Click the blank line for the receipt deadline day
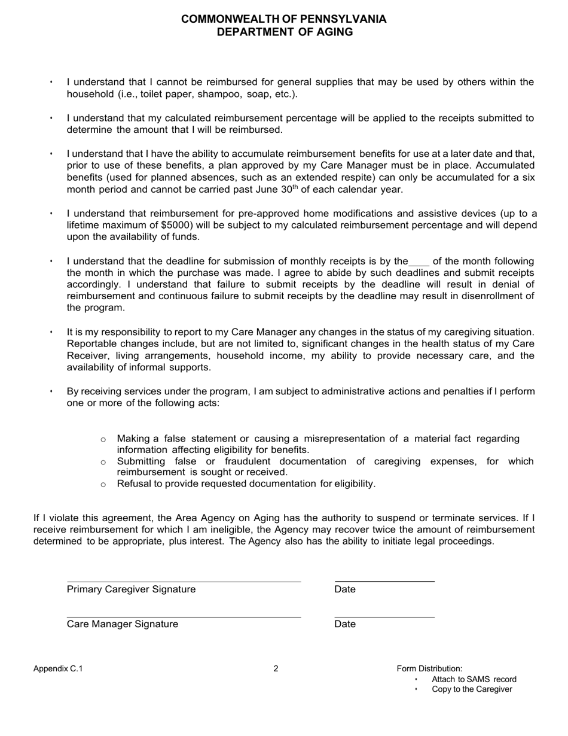pos(419,261)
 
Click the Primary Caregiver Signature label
pos(131,589)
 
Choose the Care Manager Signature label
pos(123,624)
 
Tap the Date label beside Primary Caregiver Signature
pos(345,589)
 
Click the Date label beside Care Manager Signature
pos(345,624)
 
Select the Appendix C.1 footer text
pos(58,668)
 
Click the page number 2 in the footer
pos(276,668)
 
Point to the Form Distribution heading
pos(429,668)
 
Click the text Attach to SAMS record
pos(474,679)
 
